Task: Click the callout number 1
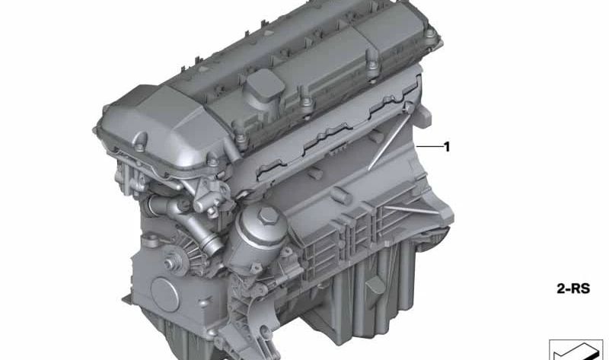[447, 147]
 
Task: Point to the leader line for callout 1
[429, 146]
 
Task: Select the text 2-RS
[573, 288]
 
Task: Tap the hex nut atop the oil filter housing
[268, 216]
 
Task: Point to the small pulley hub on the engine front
[171, 263]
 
